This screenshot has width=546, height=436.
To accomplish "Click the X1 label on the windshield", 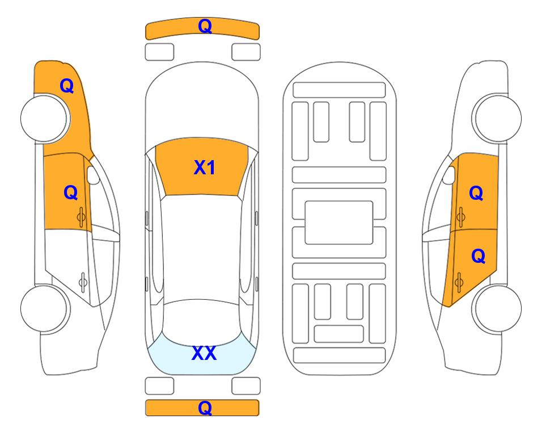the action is (x=205, y=167).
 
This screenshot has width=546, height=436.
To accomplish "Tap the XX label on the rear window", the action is (x=204, y=353).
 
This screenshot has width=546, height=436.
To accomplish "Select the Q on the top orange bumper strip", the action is (x=205, y=26).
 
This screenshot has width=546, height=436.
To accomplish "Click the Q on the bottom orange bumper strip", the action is (x=205, y=408).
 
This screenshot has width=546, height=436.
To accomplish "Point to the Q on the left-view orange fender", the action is (x=67, y=86).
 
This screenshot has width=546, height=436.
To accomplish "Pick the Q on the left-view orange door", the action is (x=71, y=192).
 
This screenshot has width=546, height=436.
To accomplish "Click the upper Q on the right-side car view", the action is (x=476, y=193).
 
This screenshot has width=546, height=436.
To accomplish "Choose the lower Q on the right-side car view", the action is (x=478, y=257).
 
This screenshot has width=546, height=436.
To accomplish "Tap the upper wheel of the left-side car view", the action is (x=44, y=119).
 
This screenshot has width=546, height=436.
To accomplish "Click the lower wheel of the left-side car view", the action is (x=44, y=308).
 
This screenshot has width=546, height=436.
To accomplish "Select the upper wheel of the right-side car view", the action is (x=498, y=118).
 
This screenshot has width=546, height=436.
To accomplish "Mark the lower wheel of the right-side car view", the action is (x=498, y=308).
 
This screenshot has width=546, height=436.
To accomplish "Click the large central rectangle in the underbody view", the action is (x=339, y=223).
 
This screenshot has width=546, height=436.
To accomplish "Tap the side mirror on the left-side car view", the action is (x=93, y=175).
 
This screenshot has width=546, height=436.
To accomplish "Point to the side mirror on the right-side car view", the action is (x=449, y=175).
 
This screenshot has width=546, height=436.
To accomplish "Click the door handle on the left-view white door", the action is (x=83, y=282).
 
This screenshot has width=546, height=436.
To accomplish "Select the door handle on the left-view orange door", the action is (x=82, y=217).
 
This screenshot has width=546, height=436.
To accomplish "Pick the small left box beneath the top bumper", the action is (x=159, y=52).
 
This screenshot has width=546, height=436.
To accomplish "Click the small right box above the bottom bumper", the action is (x=246, y=386).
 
